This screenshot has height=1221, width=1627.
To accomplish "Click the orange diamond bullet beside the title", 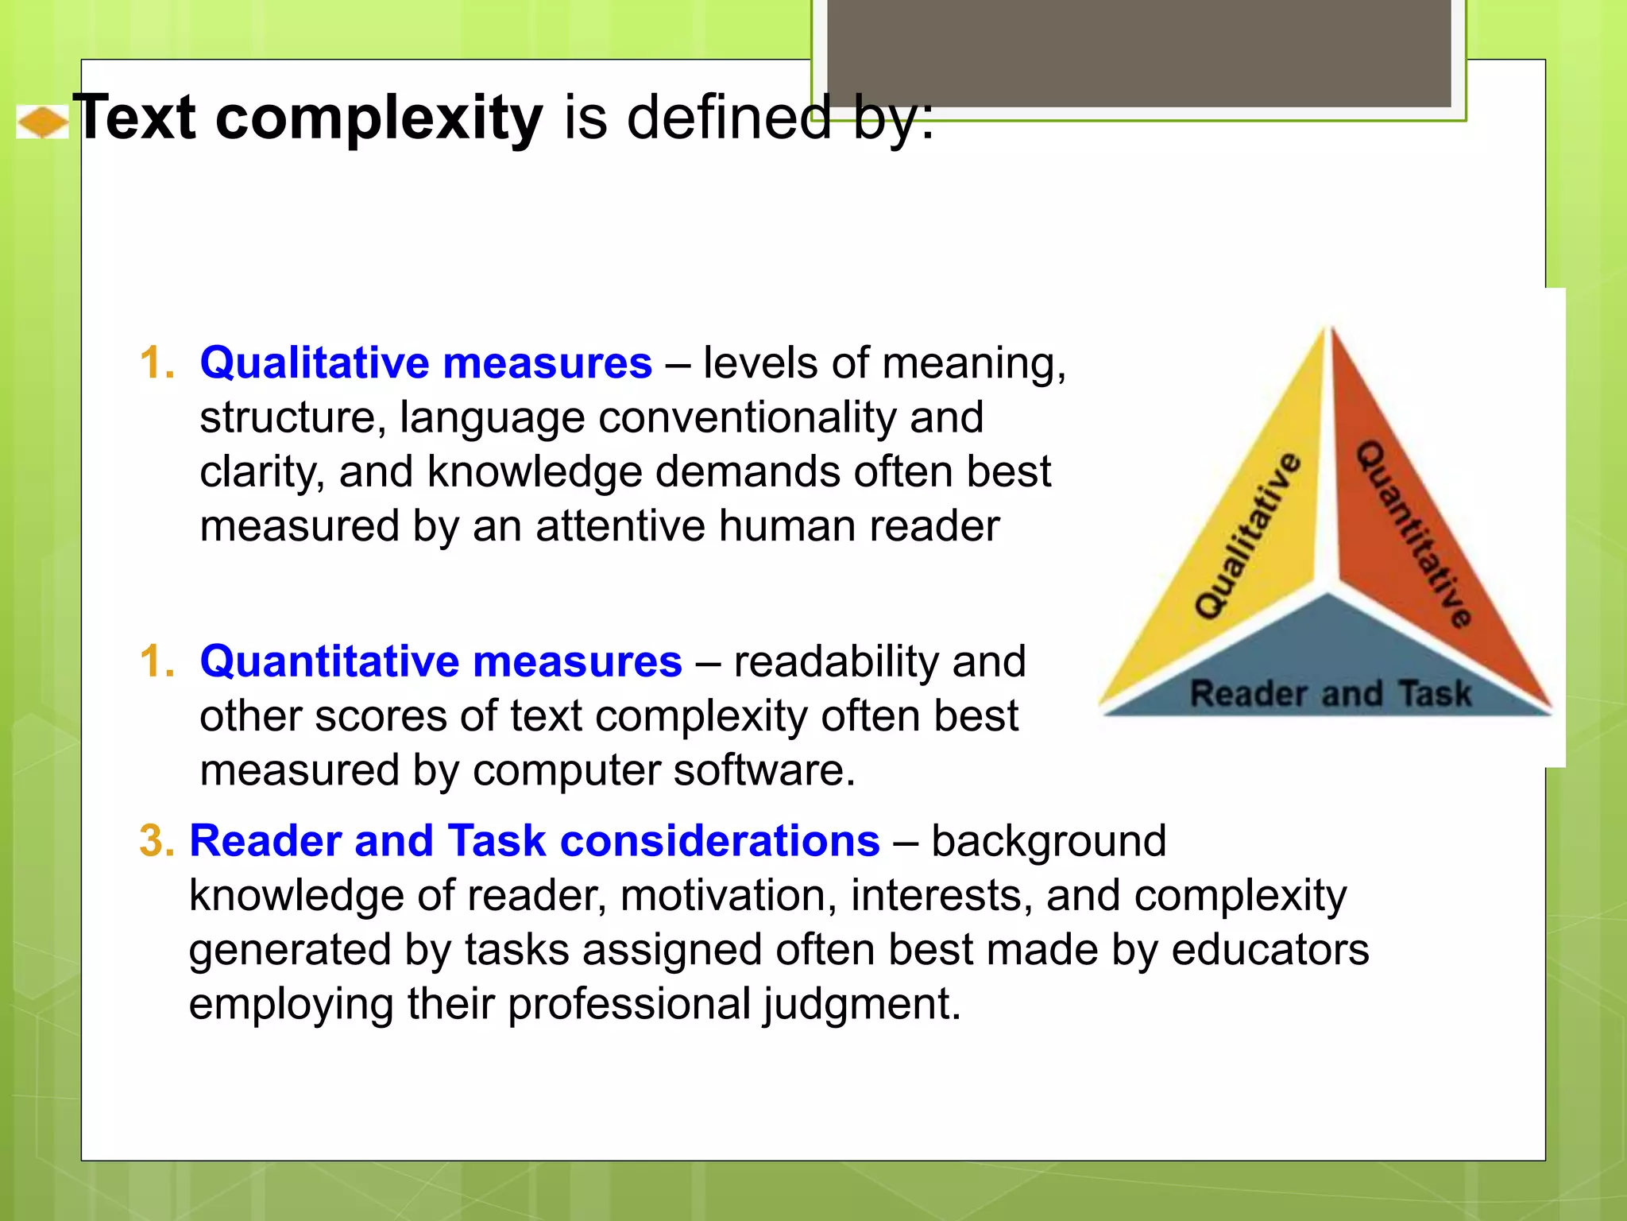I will point(42,122).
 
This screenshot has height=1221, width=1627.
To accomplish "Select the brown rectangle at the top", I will point(1138,52).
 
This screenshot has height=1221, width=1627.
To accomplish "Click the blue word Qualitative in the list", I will point(314,363).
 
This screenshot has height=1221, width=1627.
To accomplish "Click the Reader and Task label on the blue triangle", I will point(1331,693).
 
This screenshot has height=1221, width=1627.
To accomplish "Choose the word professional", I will point(628,1004).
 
